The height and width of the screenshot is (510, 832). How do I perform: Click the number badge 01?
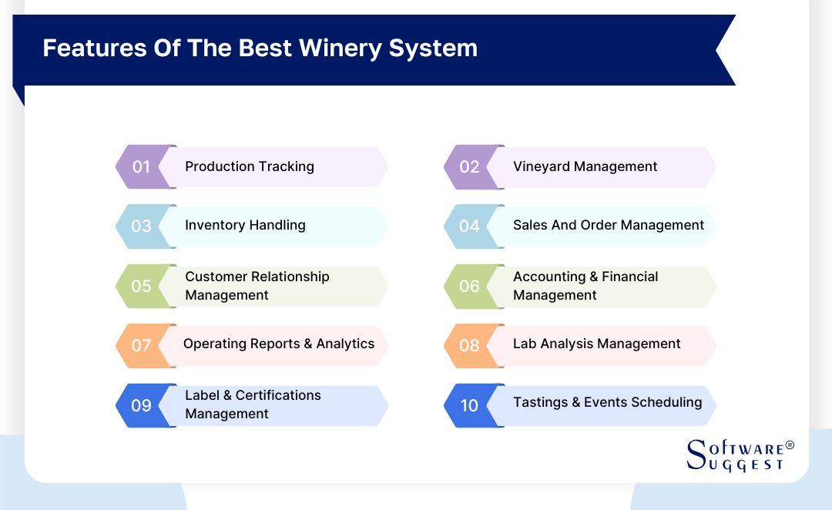click(142, 166)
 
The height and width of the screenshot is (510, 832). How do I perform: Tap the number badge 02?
click(470, 166)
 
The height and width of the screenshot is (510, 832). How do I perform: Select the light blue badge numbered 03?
click(142, 226)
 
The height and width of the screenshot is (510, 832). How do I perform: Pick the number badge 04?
click(470, 226)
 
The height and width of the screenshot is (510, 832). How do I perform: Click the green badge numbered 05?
click(142, 286)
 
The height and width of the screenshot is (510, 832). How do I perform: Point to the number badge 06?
click(470, 286)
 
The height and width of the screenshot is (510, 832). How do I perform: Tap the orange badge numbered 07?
click(142, 344)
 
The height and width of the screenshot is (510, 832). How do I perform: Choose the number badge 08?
click(470, 344)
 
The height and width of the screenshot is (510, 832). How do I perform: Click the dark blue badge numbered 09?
click(142, 404)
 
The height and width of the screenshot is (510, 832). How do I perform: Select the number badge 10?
click(470, 404)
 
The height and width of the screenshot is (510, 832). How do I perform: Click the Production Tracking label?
click(250, 166)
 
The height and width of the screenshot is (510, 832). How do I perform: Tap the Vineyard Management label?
click(585, 166)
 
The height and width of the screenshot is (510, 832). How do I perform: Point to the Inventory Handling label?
click(245, 225)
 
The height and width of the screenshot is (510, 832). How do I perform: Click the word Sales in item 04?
click(530, 225)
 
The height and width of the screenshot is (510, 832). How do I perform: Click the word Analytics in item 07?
click(345, 344)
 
